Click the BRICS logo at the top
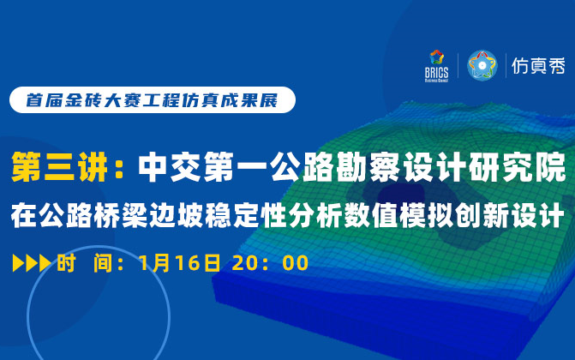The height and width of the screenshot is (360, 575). click(439, 63)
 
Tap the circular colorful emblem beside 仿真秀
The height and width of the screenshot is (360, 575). click(482, 65)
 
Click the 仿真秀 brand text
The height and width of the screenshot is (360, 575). click(537, 65)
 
